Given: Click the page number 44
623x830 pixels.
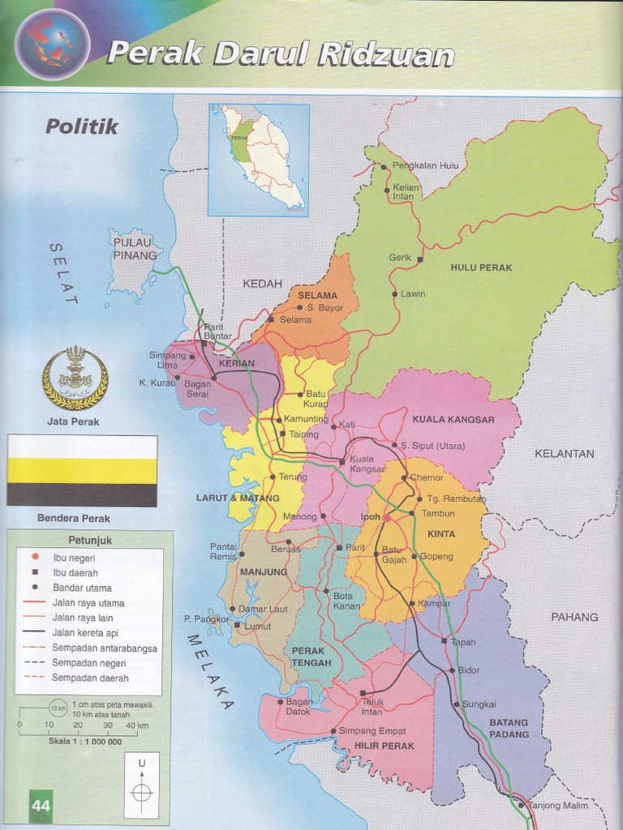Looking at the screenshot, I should [x=41, y=806].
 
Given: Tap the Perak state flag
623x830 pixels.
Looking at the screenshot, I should [x=82, y=470].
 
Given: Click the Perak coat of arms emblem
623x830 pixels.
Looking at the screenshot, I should [x=75, y=378].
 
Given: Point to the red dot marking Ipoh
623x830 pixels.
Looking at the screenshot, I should [x=387, y=517].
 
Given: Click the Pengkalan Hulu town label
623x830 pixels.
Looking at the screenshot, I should [x=425, y=165].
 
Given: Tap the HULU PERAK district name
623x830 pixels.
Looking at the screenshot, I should [x=481, y=267].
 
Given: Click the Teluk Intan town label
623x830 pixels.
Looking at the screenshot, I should [x=372, y=707].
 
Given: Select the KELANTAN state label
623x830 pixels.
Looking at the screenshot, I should [x=564, y=454].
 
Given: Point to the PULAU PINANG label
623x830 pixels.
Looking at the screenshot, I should [x=135, y=249].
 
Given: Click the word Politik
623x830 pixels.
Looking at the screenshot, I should [x=81, y=126].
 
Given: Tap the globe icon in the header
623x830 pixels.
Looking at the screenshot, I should [x=52, y=44].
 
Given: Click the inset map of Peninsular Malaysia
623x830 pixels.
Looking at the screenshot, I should [x=258, y=159].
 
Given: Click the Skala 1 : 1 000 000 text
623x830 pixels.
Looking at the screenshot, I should [x=84, y=742].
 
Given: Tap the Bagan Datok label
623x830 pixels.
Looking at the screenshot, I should [x=299, y=707].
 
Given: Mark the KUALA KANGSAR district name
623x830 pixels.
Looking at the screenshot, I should [x=453, y=420].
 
